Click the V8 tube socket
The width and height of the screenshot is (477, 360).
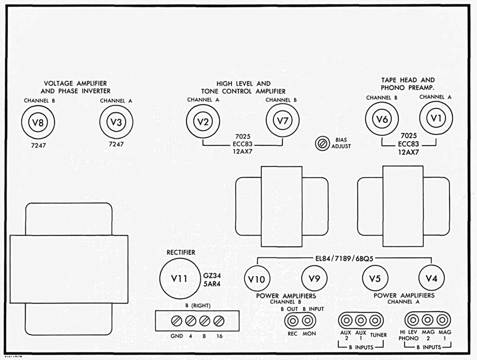click(x=38, y=122)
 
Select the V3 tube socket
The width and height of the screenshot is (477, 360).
click(x=116, y=122)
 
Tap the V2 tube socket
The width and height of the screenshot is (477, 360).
click(x=203, y=122)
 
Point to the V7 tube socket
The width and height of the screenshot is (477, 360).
click(x=283, y=121)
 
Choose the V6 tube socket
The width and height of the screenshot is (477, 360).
click(x=382, y=119)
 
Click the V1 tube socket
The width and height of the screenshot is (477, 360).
click(x=436, y=118)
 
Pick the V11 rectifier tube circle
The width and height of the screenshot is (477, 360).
click(x=180, y=279)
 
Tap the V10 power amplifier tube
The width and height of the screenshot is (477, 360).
click(x=257, y=279)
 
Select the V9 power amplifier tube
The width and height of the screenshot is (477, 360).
click(x=314, y=278)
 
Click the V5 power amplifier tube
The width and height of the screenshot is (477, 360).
click(x=375, y=278)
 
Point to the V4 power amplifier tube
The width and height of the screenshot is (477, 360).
click(x=431, y=278)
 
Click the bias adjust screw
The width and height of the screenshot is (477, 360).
click(x=322, y=143)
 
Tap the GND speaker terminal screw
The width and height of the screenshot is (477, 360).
click(x=177, y=321)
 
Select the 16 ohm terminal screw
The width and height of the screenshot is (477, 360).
click(x=219, y=321)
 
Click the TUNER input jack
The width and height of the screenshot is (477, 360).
click(x=375, y=320)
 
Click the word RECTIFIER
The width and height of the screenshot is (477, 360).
click(x=181, y=252)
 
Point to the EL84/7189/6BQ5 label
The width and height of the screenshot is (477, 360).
click(x=344, y=259)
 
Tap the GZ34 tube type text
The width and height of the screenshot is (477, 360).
click(x=212, y=276)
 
